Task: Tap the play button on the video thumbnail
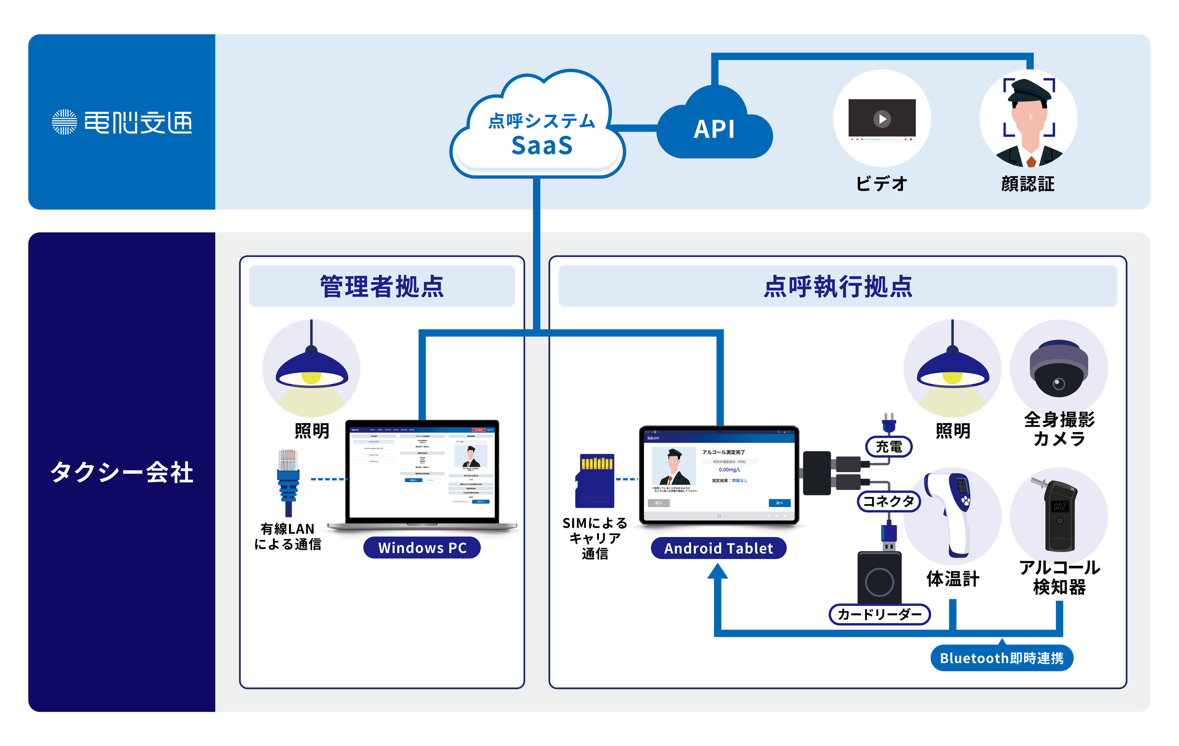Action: pos(882,119)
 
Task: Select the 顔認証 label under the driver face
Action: pos(1028,184)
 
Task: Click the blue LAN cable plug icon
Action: pos(288,482)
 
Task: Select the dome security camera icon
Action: pos(1059,369)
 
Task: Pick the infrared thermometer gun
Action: pos(952,511)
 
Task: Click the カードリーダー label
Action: pos(879,614)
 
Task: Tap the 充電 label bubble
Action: pos(889,447)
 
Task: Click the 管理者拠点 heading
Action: pos(382,287)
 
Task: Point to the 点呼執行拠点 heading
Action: pos(838,287)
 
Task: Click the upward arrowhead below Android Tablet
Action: pos(718,571)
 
